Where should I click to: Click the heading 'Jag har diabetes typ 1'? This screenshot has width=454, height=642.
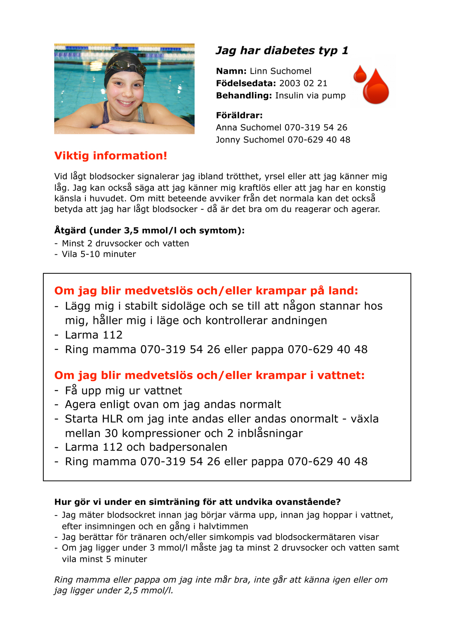(282, 51)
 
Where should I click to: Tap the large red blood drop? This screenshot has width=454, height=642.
(376, 87)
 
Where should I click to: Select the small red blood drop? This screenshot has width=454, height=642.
(360, 74)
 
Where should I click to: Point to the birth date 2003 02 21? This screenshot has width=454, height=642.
(303, 83)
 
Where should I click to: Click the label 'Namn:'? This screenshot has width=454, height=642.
(231, 71)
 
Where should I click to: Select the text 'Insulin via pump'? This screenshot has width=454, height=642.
(310, 95)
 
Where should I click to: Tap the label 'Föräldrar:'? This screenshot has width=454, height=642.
(239, 115)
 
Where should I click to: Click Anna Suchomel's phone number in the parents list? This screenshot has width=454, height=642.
(316, 127)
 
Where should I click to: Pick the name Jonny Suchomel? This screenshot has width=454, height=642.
(250, 140)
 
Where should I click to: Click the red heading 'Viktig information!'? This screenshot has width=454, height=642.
(111, 156)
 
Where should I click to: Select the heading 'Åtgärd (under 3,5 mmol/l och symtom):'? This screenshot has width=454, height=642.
(149, 230)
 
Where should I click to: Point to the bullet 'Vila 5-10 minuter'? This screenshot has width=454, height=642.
(99, 254)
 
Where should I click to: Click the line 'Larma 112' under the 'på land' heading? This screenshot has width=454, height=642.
(94, 335)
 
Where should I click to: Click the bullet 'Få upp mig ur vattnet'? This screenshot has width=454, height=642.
(124, 391)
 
